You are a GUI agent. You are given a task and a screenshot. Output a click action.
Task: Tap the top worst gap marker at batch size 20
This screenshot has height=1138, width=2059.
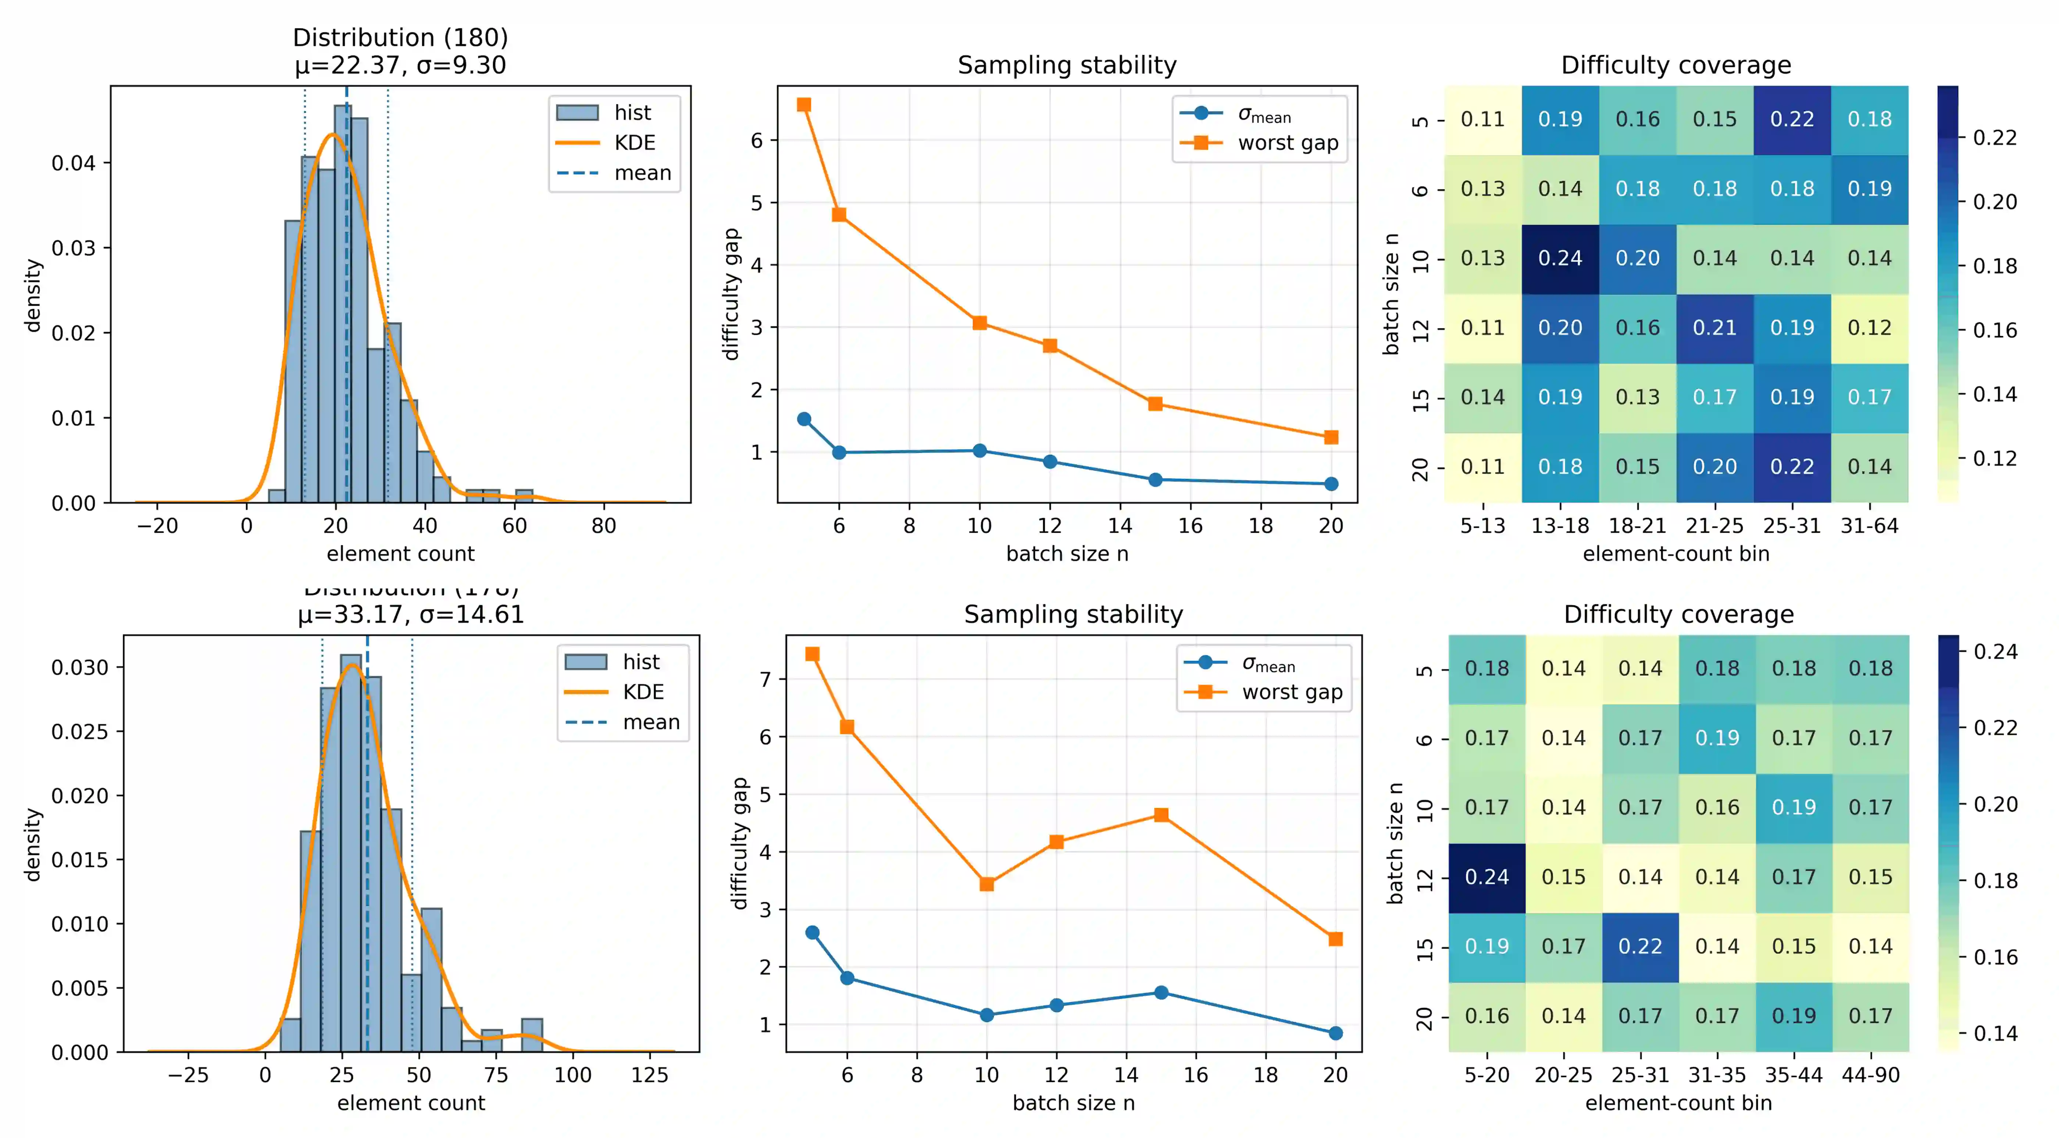point(1331,437)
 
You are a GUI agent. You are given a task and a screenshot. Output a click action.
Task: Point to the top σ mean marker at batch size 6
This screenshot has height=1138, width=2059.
point(838,453)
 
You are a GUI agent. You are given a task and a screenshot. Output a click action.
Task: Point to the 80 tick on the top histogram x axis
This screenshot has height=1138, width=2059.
point(603,526)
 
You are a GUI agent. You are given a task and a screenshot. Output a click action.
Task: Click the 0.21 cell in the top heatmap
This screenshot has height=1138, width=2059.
point(1714,328)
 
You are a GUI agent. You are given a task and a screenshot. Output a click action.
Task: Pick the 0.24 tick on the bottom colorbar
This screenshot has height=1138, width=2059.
point(1995,652)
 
